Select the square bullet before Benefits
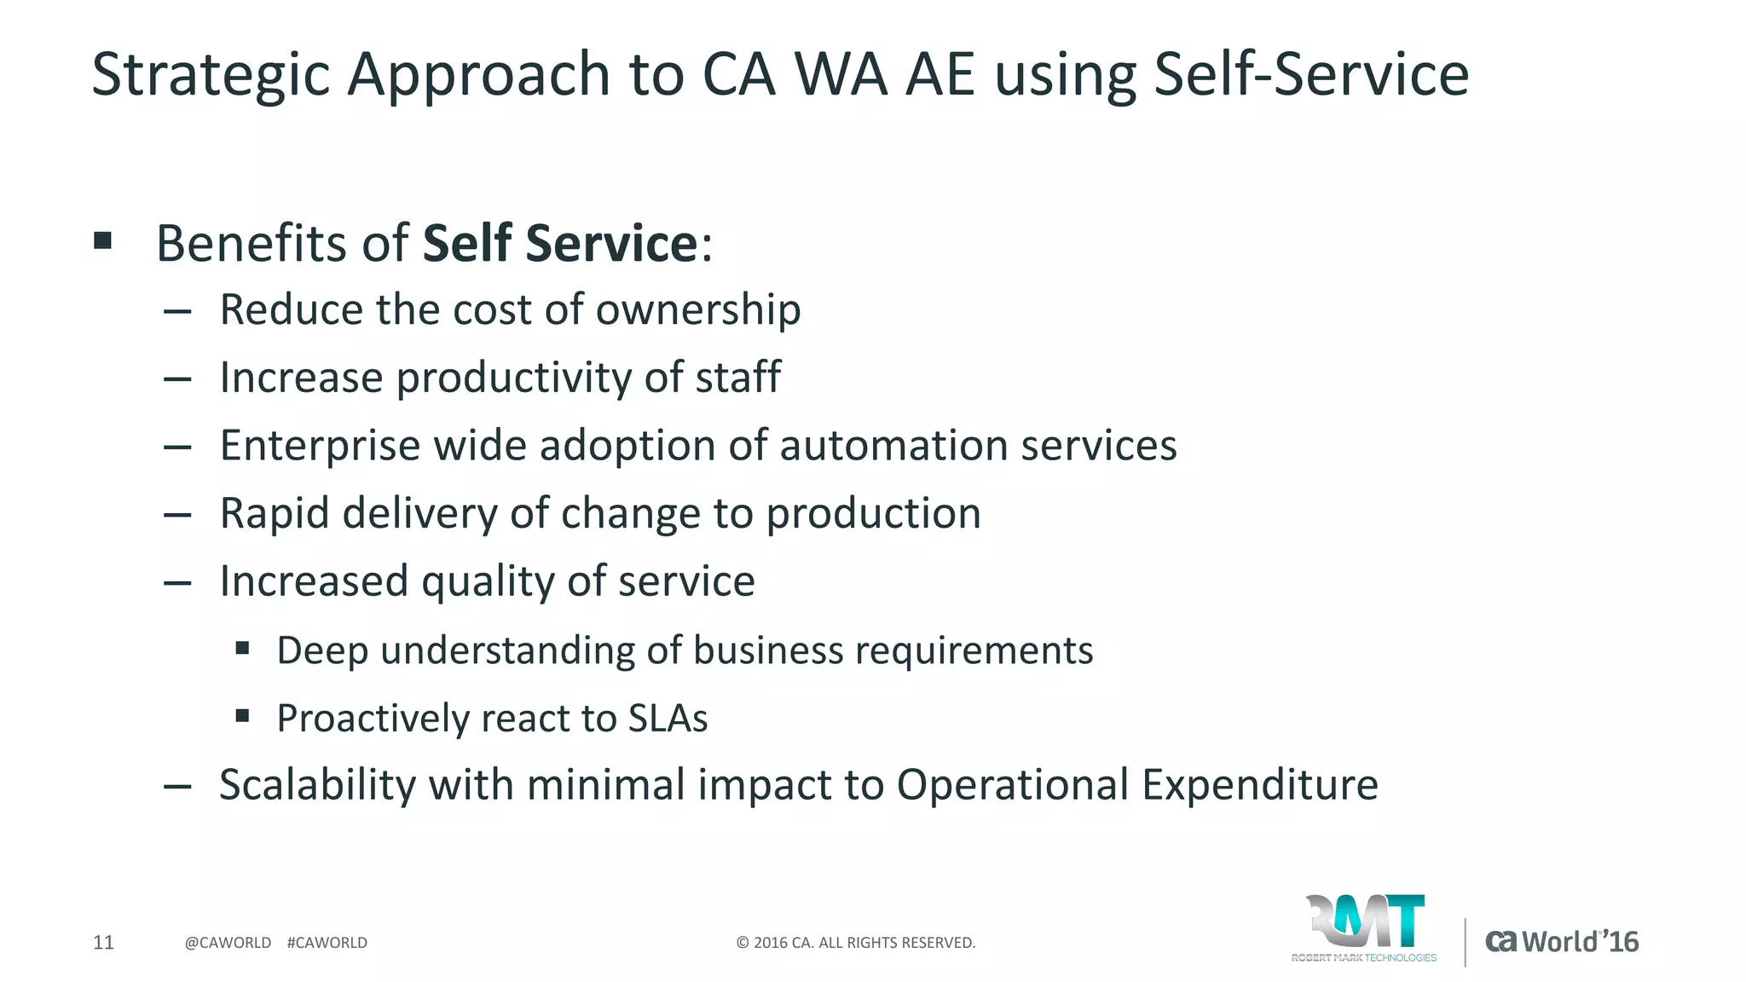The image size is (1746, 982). pos(103,241)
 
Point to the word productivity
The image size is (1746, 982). pos(513,378)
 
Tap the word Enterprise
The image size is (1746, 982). pos(320,446)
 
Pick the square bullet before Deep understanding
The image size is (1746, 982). pos(243,649)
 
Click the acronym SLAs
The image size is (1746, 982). pos(668,719)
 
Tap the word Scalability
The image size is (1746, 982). pos(317,785)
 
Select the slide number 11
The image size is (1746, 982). pos(103,943)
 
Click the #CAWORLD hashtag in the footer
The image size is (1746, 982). pos(327,943)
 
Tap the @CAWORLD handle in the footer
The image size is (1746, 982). pos(228,943)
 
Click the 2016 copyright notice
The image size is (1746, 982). pos(855,943)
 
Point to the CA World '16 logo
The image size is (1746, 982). pos(1562,942)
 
